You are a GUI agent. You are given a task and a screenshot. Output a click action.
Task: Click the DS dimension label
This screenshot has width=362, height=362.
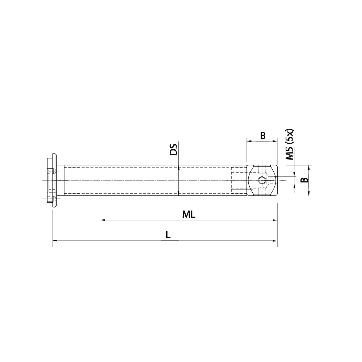(174, 150)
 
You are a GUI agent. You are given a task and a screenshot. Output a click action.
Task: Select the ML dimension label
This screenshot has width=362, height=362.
(189, 214)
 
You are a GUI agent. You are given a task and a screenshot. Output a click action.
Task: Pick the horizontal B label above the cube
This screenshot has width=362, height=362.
(263, 136)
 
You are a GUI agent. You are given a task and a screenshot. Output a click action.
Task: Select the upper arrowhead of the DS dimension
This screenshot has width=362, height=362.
(179, 168)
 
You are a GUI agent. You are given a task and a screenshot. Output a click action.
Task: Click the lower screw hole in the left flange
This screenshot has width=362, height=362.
(51, 198)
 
